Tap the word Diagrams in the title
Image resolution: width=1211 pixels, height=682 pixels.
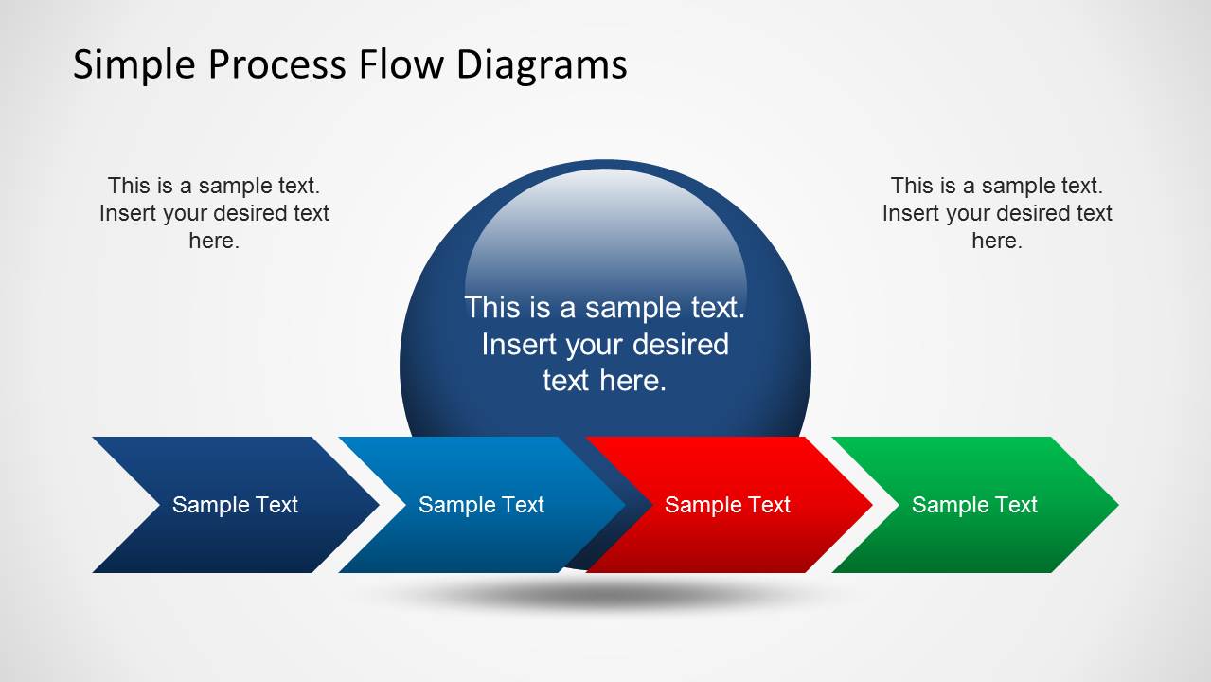click(x=542, y=65)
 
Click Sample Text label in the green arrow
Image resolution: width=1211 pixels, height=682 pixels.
click(x=974, y=505)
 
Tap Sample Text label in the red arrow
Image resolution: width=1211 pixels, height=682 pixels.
click(x=727, y=505)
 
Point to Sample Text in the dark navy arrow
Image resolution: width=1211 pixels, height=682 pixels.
click(x=235, y=505)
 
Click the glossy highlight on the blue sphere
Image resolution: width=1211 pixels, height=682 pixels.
click(x=606, y=227)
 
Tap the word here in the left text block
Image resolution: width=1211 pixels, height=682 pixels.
click(x=214, y=241)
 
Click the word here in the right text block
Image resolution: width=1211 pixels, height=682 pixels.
click(x=997, y=241)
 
